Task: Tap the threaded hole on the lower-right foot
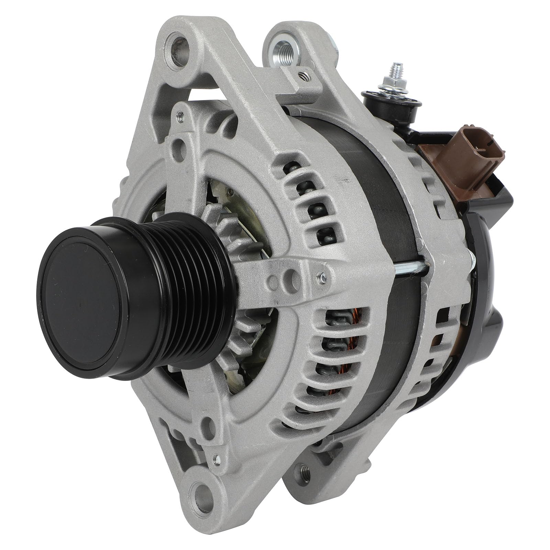tap(304, 471)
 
